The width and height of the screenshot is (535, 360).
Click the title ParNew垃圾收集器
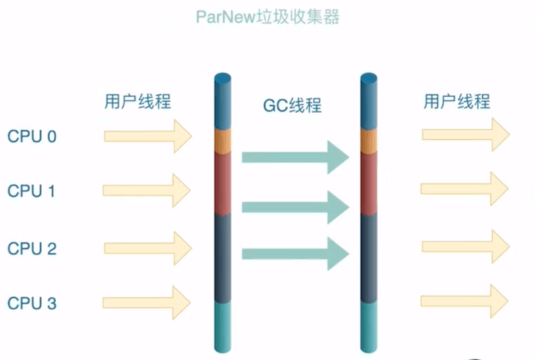click(267, 17)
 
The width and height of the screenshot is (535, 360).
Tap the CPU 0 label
click(32, 137)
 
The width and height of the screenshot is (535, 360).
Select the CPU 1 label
click(32, 191)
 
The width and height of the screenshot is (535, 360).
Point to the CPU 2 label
click(32, 248)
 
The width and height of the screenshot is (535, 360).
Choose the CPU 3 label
click(32, 303)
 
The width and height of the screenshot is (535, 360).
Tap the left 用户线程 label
click(138, 102)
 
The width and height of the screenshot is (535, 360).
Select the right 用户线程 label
click(457, 102)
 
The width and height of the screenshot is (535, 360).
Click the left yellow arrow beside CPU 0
click(148, 137)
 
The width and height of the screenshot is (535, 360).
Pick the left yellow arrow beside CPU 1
click(147, 191)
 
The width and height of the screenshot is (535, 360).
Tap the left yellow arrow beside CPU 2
click(148, 248)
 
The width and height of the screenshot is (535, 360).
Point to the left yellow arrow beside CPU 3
click(147, 302)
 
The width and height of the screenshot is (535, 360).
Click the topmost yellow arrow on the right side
click(465, 134)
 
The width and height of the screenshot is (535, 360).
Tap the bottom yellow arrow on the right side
click(465, 301)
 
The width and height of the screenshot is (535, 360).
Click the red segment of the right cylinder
click(368, 181)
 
